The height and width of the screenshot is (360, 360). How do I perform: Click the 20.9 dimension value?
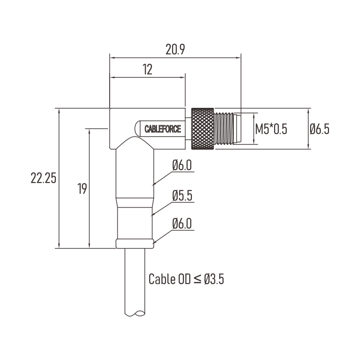click(175, 49)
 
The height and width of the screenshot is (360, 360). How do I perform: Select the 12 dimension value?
click(147, 69)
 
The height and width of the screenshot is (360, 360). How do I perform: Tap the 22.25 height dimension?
click(44, 178)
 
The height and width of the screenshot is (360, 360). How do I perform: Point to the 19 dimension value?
click(82, 188)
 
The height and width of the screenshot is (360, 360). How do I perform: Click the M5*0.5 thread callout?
click(271, 129)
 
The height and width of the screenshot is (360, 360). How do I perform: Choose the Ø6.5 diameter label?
click(320, 129)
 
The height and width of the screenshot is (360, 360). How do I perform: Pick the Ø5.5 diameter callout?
click(182, 196)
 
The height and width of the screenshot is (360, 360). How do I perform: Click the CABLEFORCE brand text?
click(163, 129)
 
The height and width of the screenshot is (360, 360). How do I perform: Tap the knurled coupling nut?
click(203, 129)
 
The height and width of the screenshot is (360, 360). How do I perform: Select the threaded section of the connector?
click(224, 129)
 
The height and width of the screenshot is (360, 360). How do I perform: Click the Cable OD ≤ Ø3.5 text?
click(186, 279)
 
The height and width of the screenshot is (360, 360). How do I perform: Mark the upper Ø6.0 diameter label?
click(182, 165)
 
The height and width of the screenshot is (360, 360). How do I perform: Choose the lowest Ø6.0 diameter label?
click(182, 224)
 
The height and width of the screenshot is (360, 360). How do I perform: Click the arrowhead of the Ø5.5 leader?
click(152, 215)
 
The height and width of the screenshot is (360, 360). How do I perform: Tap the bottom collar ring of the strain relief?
click(135, 244)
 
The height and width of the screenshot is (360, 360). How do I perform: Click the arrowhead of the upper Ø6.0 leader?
click(154, 184)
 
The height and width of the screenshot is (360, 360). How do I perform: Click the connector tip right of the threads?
click(237, 129)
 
